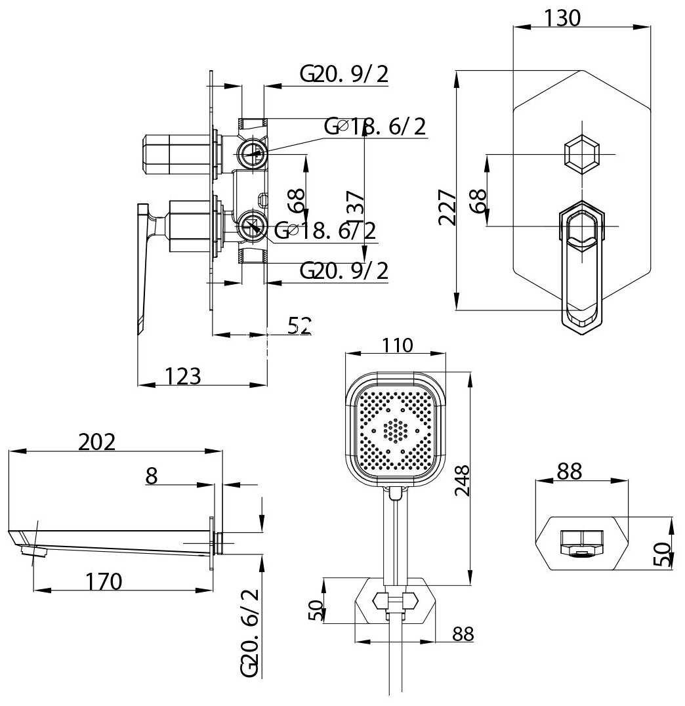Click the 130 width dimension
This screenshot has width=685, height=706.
[562, 18]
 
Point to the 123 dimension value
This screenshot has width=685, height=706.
[182, 376]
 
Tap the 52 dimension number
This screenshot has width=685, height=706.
[299, 325]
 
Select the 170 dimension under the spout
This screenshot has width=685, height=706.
[103, 581]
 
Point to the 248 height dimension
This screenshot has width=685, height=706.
[463, 481]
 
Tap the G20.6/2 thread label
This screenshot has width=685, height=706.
[250, 633]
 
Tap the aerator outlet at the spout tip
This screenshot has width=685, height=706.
[34, 550]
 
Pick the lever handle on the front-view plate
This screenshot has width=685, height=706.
[581, 262]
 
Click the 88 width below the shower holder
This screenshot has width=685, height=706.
[463, 634]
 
